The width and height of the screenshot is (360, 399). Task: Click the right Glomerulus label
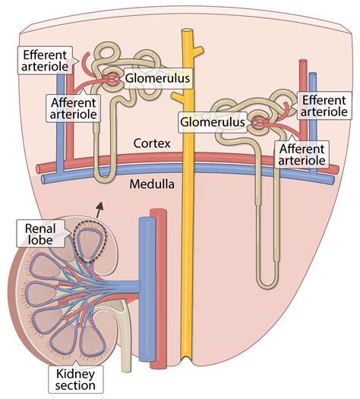click(x=212, y=121)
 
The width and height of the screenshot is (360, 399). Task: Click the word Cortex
click(x=150, y=143)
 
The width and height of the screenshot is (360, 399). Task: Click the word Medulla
click(x=150, y=184)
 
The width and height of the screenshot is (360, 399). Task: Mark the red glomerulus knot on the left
click(x=113, y=78)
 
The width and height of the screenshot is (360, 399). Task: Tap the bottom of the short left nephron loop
click(x=103, y=178)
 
